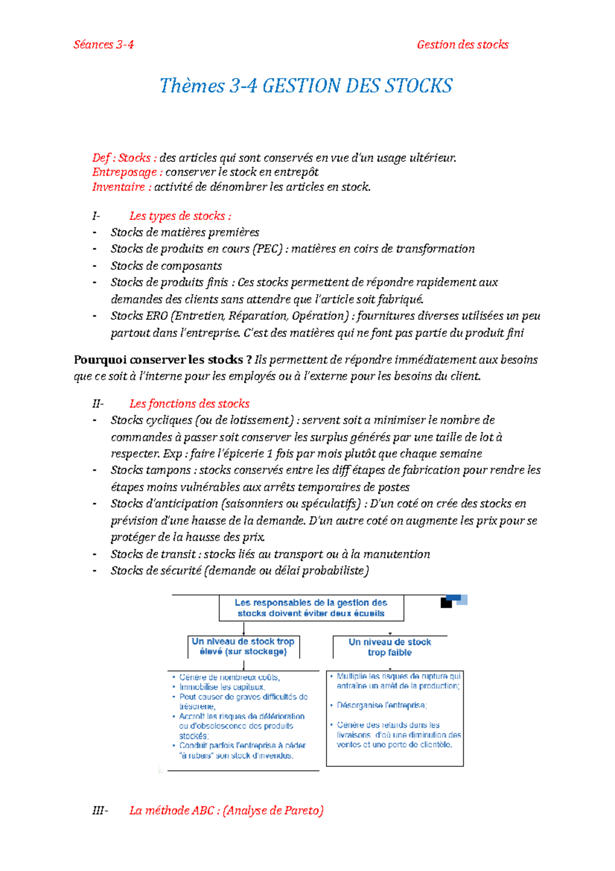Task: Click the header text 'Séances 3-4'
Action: point(104,45)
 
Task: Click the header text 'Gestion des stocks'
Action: point(462,45)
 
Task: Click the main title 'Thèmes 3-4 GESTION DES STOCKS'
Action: point(306,86)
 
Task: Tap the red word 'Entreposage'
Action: point(125,172)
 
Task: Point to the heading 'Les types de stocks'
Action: point(180,216)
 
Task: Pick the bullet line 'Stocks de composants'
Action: point(166,266)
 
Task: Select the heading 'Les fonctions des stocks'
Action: point(189,404)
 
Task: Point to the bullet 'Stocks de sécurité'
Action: point(156,570)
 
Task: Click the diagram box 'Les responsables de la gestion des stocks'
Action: point(311,608)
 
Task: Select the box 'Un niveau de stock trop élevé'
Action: point(243,646)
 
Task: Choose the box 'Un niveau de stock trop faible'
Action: point(389,647)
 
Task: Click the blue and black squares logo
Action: point(454,601)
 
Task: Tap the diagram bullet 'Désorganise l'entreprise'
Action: point(382,705)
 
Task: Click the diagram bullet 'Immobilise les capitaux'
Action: point(222,687)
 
